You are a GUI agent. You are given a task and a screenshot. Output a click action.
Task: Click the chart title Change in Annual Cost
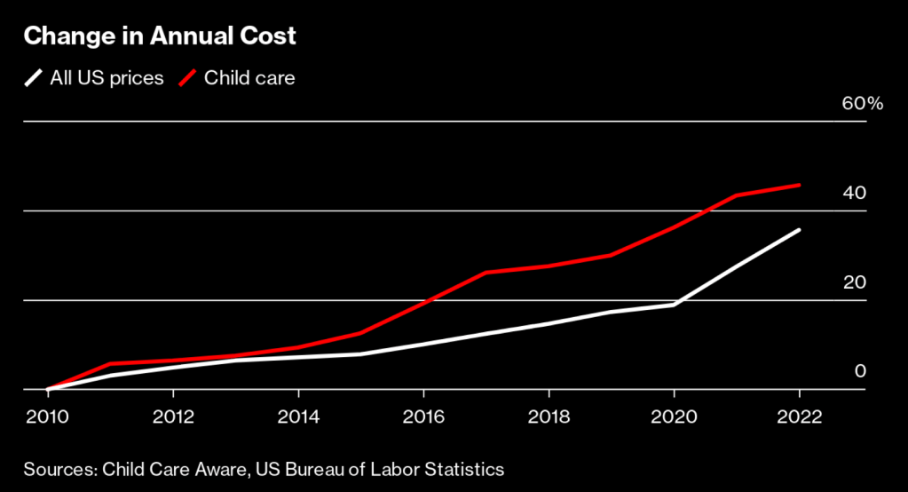[160, 37]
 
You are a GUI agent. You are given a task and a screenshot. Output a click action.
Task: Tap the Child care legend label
[249, 78]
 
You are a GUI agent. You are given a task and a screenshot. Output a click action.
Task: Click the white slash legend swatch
[33, 78]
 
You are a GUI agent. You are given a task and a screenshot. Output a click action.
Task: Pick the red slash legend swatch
[187, 78]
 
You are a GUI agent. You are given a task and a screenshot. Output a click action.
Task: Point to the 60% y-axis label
[863, 104]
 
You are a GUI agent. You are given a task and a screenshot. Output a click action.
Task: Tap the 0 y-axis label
[859, 371]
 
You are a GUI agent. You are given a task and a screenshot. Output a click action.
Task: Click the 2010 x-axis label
[48, 417]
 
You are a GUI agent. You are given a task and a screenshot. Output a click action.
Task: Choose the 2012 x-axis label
[173, 417]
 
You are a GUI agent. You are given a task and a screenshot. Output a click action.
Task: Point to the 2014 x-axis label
[298, 417]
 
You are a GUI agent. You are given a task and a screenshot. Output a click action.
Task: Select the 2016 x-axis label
[423, 417]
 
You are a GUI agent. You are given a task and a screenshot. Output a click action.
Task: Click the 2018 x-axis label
[549, 417]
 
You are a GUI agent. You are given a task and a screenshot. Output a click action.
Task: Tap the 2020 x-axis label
[674, 417]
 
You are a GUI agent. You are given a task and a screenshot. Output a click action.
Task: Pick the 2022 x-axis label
[799, 417]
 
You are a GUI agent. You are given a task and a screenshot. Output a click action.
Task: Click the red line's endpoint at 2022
[800, 185]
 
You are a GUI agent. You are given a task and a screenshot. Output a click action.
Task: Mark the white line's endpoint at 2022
[800, 230]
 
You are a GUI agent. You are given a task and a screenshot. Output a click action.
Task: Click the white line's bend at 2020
[675, 305]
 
